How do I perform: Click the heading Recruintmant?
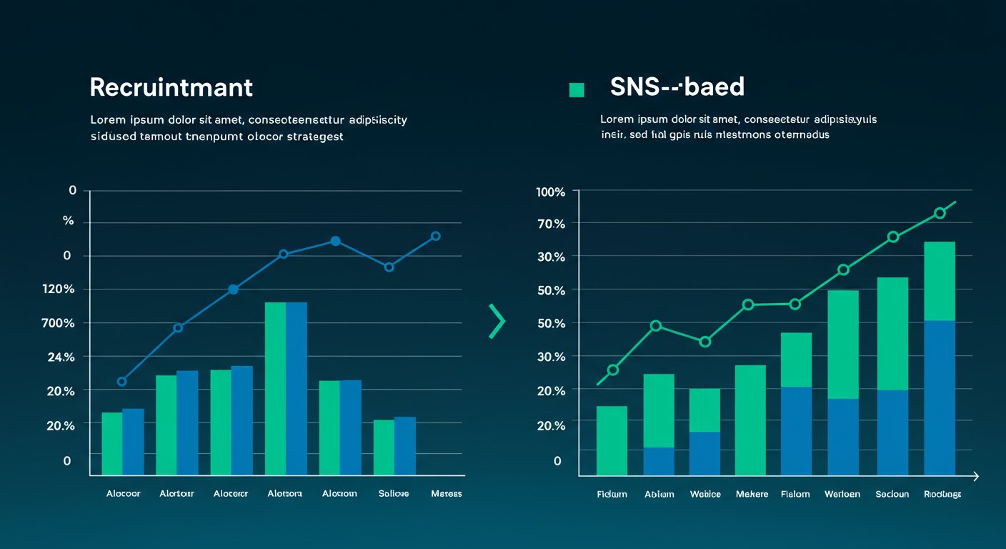(171, 87)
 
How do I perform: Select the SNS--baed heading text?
(677, 86)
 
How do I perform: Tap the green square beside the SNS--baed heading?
(576, 89)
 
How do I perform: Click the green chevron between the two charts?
(497, 321)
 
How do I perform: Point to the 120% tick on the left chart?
(59, 289)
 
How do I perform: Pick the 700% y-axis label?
(59, 323)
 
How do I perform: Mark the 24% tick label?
(60, 357)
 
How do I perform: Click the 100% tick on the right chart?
(549, 192)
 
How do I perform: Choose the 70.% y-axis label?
(550, 224)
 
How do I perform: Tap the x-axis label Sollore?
(394, 494)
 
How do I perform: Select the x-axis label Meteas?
(447, 494)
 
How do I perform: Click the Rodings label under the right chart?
(942, 494)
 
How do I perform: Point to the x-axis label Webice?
(705, 494)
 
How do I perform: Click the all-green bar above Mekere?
(750, 420)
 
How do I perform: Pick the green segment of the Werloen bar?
(843, 344)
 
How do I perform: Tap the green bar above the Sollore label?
(384, 447)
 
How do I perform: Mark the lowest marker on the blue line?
(121, 382)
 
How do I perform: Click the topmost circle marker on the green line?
(940, 213)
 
